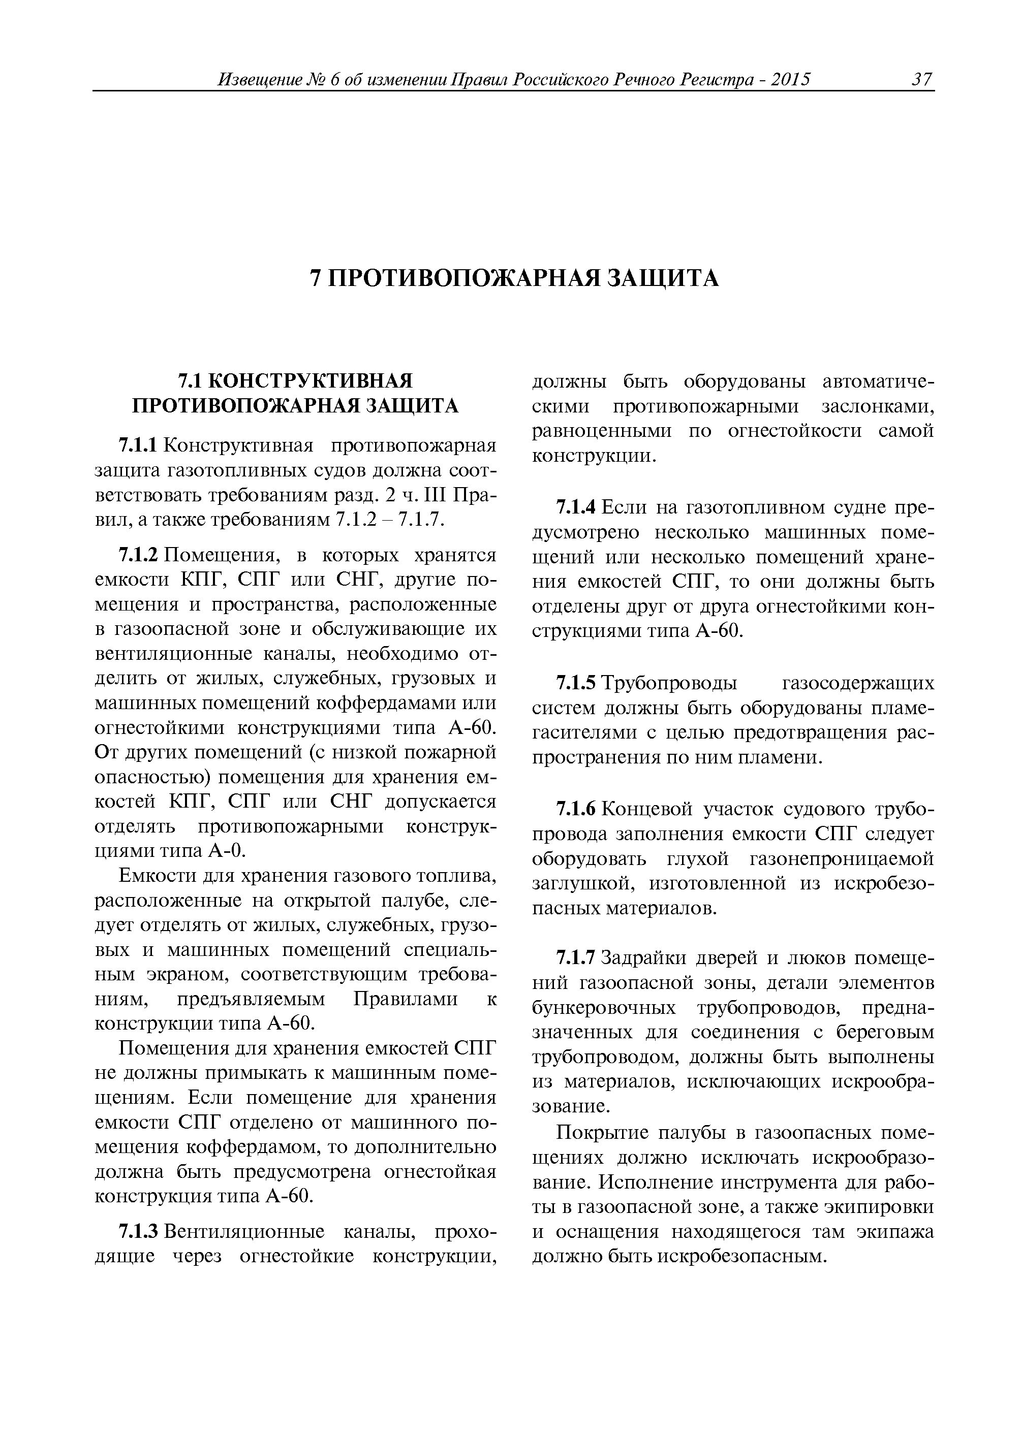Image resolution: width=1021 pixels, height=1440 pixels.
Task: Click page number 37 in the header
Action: [921, 80]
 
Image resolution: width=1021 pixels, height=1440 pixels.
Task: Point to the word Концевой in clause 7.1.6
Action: [647, 809]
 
